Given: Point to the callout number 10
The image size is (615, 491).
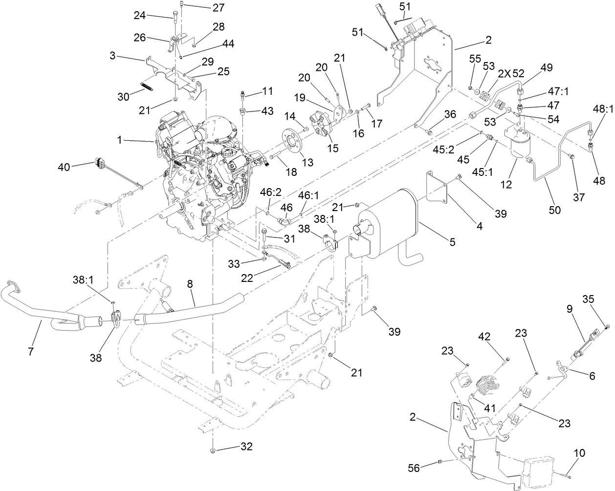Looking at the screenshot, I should coord(579,454).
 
